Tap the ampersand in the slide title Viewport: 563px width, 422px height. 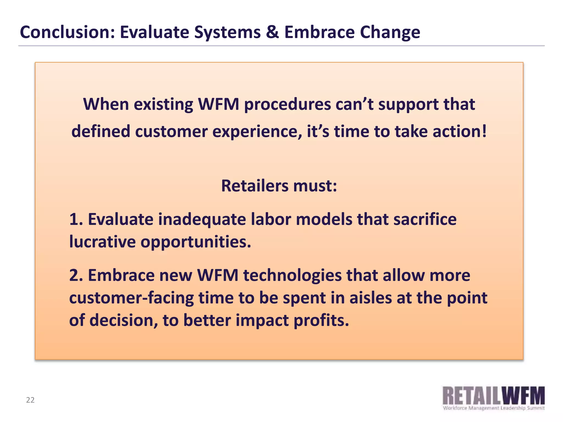[x=272, y=32]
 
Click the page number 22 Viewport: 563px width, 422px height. [x=30, y=400]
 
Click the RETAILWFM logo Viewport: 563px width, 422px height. [x=493, y=396]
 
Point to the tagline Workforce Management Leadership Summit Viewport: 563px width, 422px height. [x=493, y=408]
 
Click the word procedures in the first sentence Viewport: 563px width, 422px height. [x=287, y=105]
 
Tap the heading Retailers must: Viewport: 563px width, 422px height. [x=279, y=186]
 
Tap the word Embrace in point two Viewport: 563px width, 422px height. [x=121, y=276]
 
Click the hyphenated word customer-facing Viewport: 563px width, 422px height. [x=131, y=298]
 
